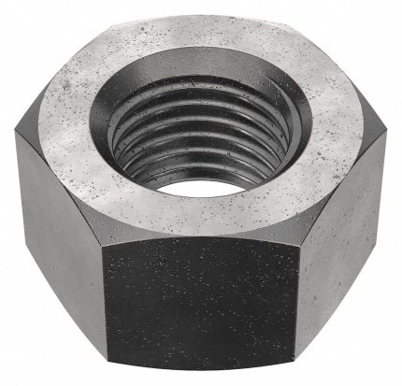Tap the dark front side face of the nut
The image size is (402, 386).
click(202, 299)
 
